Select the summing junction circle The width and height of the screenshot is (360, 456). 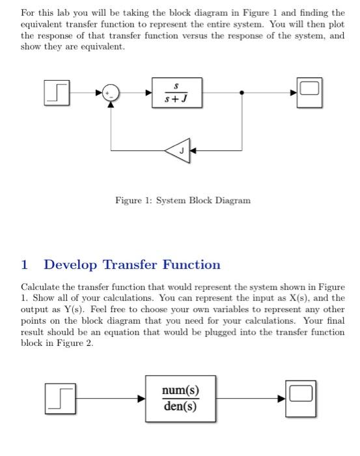(x=112, y=93)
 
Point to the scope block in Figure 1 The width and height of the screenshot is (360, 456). (x=309, y=92)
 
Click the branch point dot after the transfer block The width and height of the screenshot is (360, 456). (x=242, y=93)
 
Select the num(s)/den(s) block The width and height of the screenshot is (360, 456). (x=180, y=398)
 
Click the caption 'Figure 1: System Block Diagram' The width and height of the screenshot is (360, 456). (x=182, y=201)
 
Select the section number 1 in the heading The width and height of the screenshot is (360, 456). (x=25, y=264)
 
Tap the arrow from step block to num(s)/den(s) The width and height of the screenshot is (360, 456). (x=107, y=398)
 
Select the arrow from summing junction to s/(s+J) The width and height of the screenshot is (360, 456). (x=137, y=93)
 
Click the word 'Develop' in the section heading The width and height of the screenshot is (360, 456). (x=70, y=264)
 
